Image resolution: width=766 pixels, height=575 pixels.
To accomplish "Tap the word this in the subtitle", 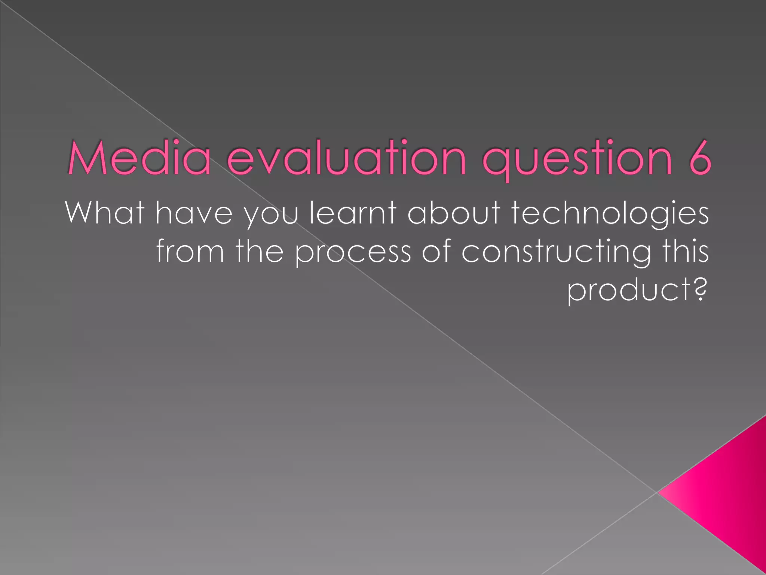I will click(685, 252).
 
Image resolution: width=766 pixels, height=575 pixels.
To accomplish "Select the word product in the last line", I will click(629, 291).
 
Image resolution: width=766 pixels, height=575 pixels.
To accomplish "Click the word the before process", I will click(259, 252).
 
